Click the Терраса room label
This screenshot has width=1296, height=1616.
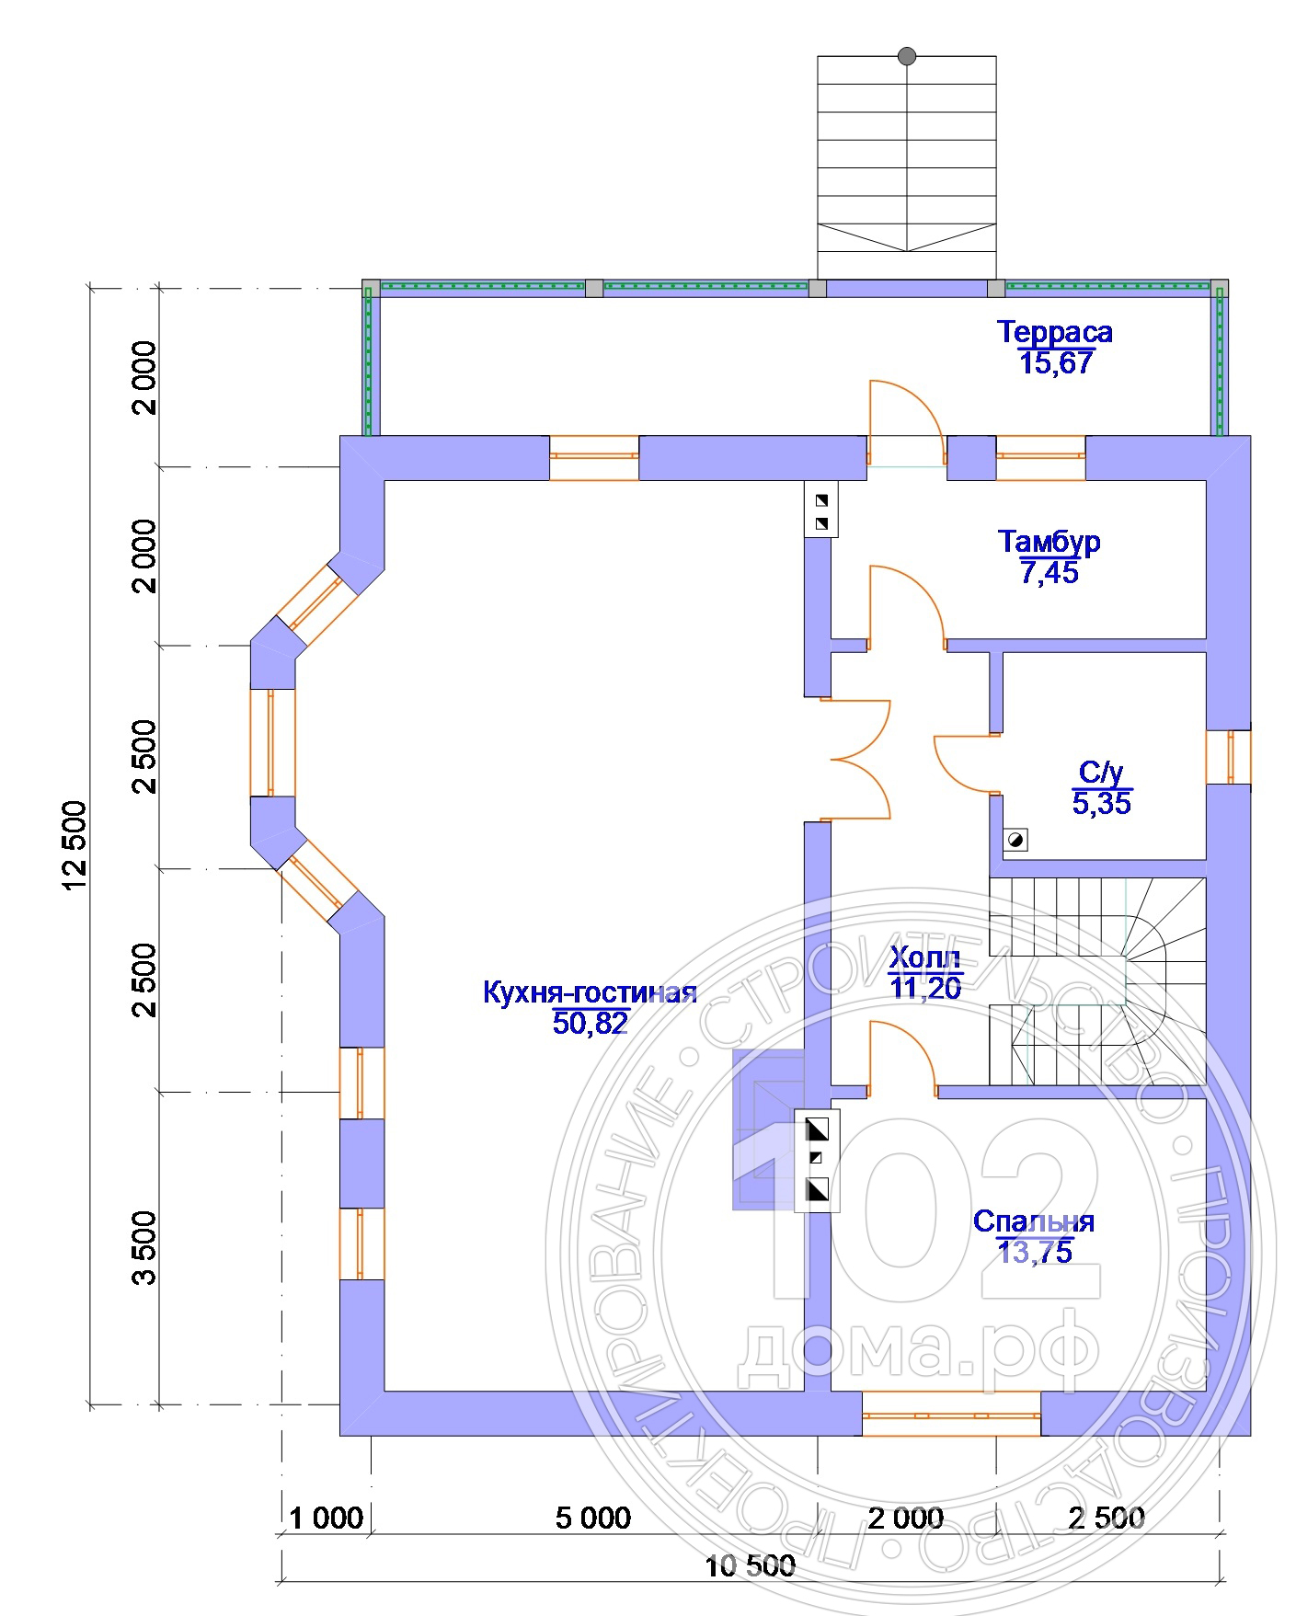(1055, 332)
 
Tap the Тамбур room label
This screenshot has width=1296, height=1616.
(1049, 542)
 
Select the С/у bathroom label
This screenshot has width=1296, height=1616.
(1101, 773)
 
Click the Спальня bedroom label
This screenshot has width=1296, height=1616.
(1034, 1221)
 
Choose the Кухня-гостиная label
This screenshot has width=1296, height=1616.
(590, 993)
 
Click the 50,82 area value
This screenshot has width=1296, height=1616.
(591, 1023)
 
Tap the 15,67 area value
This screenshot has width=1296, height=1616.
(1056, 362)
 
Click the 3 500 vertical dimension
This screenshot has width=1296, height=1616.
(144, 1247)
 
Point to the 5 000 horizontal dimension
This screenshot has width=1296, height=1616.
(593, 1518)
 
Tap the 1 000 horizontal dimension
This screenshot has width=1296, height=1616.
(327, 1518)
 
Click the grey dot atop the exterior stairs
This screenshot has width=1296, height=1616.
(907, 56)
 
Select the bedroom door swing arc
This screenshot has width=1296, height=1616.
(902, 1058)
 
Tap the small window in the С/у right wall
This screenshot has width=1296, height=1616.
(1228, 757)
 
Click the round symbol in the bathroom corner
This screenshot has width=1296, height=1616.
(1015, 839)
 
